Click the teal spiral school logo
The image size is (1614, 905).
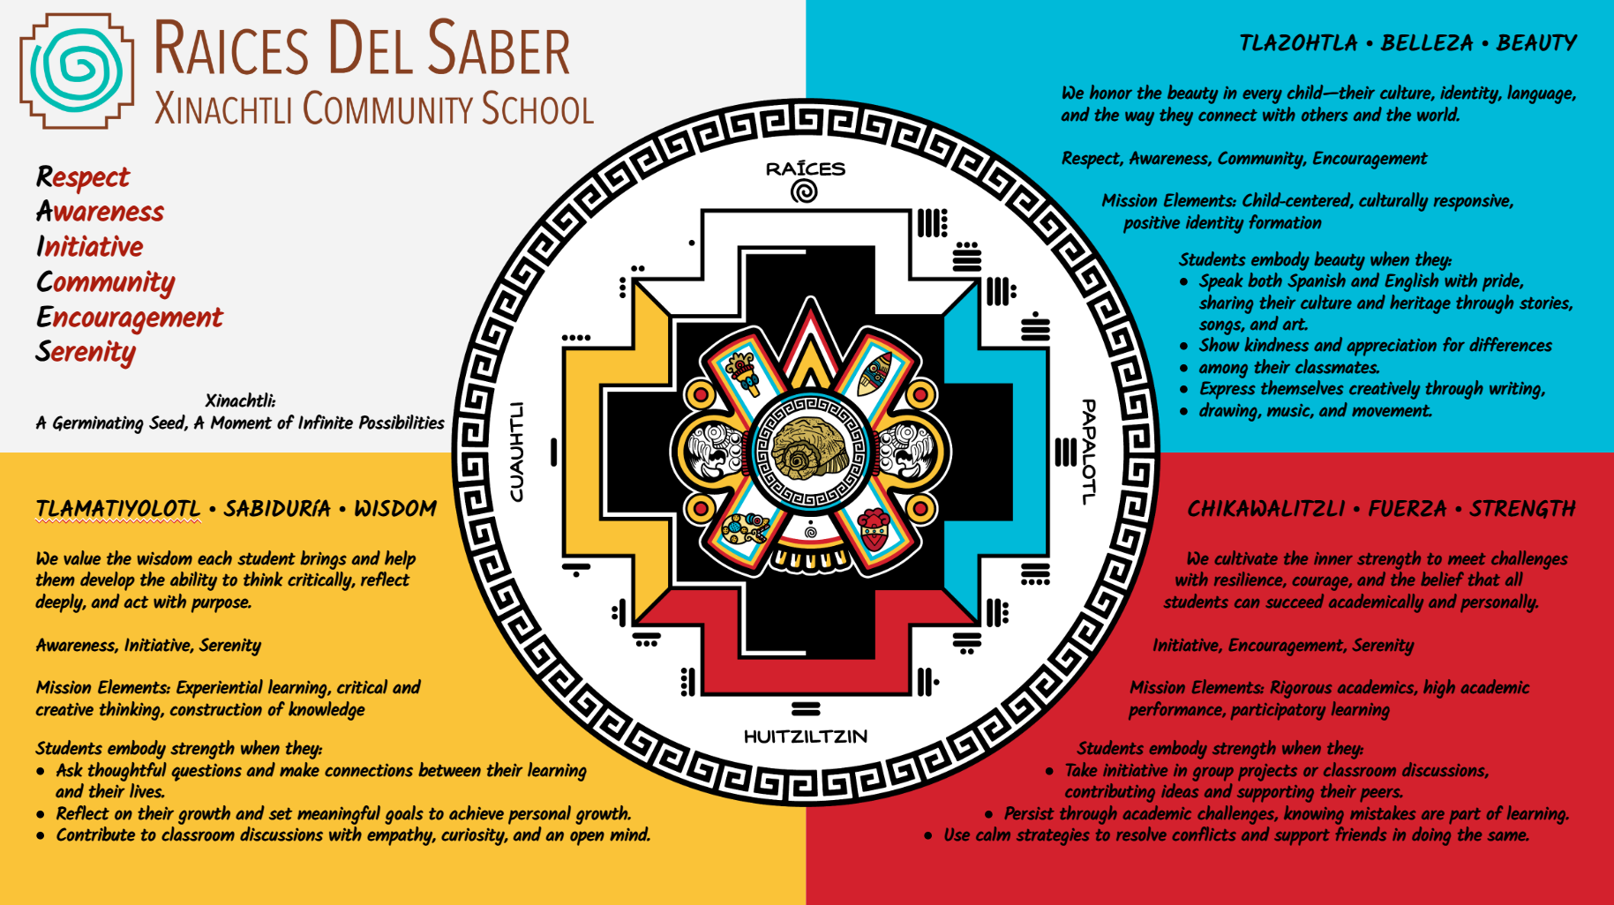(x=78, y=71)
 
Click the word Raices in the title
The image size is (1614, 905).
(x=231, y=49)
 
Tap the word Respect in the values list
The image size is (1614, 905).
(x=83, y=177)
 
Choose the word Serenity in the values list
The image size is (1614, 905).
(x=86, y=352)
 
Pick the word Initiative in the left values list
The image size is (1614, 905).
(x=89, y=247)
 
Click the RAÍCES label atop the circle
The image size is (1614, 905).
(x=805, y=168)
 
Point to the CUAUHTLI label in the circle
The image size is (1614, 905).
(x=517, y=452)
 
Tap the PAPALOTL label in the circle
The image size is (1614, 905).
(x=1090, y=452)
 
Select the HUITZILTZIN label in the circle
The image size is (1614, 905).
(x=805, y=737)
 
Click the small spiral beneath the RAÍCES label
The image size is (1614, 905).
(x=804, y=191)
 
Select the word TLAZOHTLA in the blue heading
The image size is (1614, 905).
(x=1298, y=43)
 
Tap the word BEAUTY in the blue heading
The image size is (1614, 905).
(x=1536, y=43)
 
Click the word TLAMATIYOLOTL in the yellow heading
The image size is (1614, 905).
(x=118, y=509)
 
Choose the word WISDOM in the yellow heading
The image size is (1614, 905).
(x=395, y=509)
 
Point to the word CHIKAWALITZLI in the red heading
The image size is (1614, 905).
(x=1265, y=509)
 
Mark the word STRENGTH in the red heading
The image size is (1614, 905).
(x=1522, y=509)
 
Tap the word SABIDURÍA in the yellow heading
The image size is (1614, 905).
(x=277, y=509)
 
